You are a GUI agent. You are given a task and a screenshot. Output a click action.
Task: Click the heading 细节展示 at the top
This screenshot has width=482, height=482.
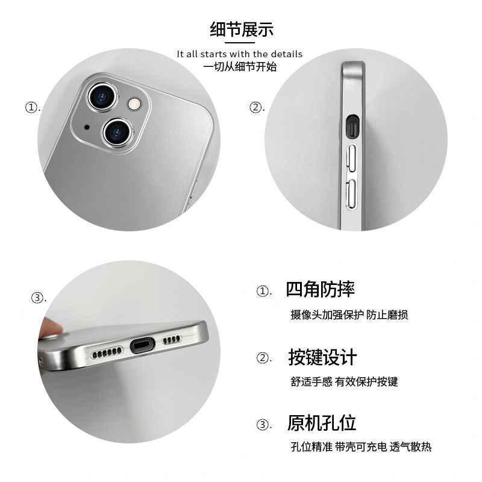242,30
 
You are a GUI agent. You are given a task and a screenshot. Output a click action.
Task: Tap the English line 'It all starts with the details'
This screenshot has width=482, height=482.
239,54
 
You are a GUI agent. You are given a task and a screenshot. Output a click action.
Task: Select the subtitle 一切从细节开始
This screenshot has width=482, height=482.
240,67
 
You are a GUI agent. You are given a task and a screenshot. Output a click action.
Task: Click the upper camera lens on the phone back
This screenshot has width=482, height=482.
102,96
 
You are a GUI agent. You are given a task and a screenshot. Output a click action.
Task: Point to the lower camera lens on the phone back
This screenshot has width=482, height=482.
117,133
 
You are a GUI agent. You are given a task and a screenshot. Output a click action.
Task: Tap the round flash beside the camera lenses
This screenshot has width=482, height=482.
134,104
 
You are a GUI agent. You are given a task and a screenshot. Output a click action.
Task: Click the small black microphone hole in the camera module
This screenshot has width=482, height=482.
87,127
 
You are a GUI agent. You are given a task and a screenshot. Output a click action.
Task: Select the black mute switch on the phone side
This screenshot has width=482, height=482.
352,127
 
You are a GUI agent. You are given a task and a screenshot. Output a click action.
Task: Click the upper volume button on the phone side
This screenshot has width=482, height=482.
351,158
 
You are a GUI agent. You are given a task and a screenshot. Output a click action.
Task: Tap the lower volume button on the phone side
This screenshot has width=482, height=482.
351,195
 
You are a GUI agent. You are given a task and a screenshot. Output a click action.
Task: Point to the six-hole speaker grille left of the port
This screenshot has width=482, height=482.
107,352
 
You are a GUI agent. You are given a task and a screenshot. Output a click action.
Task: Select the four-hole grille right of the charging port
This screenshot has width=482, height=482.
172,339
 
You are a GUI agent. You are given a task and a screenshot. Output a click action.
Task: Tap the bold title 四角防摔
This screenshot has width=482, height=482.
321,289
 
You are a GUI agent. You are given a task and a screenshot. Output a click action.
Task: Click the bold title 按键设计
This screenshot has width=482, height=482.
322,357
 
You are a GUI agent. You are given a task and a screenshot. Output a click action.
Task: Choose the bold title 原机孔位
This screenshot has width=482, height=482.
322,423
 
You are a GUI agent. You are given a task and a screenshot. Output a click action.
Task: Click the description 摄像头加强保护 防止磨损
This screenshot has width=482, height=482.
349,315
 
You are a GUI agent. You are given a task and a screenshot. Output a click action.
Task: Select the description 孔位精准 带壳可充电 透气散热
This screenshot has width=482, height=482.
361,446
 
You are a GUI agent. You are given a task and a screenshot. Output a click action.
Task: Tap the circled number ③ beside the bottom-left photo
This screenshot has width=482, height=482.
37,298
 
